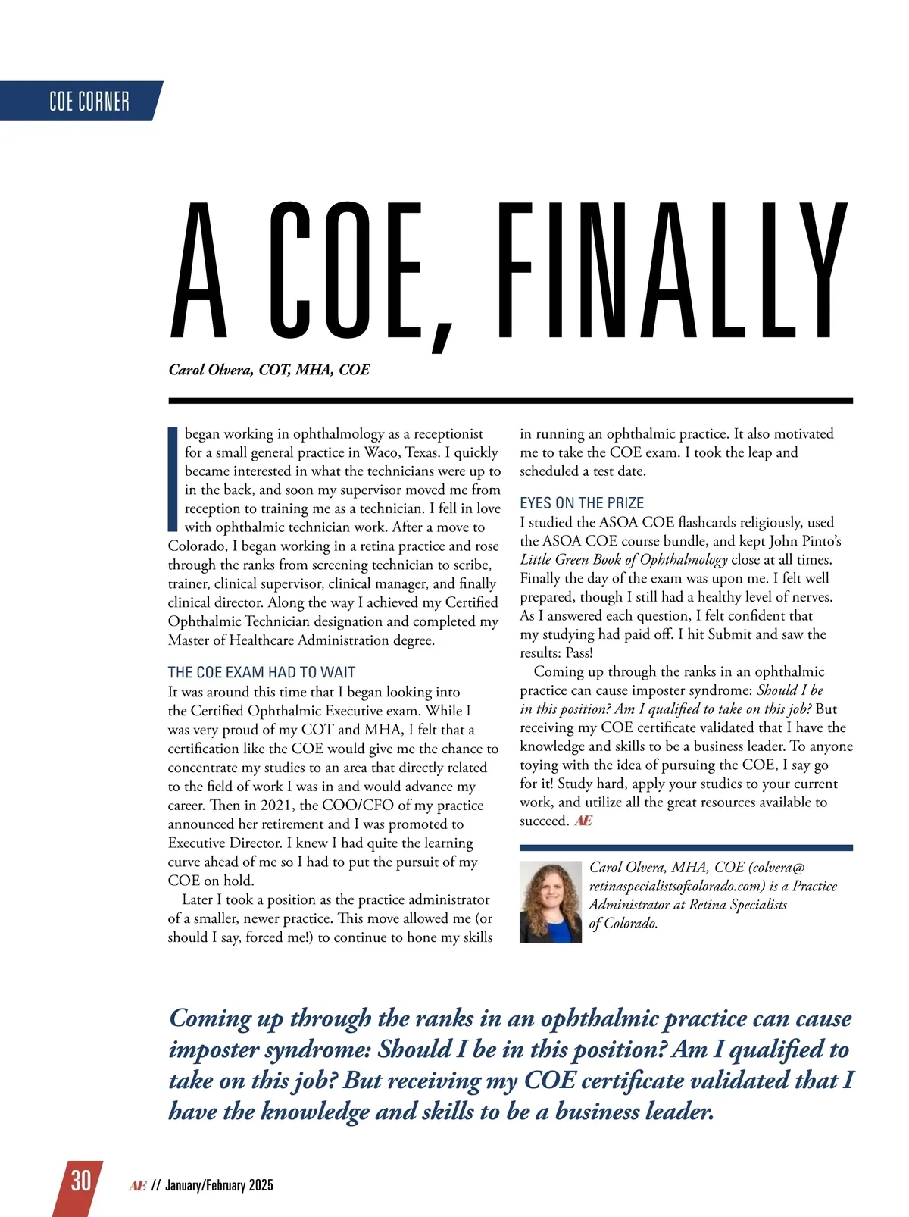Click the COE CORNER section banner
click(89, 101)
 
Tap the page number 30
click(80, 1181)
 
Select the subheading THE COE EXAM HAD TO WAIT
click(261, 672)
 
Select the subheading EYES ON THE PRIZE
click(582, 503)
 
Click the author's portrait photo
click(551, 903)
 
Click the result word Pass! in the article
click(579, 652)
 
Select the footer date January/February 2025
click(219, 1185)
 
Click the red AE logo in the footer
click(137, 1185)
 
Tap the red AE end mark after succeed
click(583, 821)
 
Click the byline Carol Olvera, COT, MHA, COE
click(269, 370)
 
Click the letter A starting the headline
click(198, 271)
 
